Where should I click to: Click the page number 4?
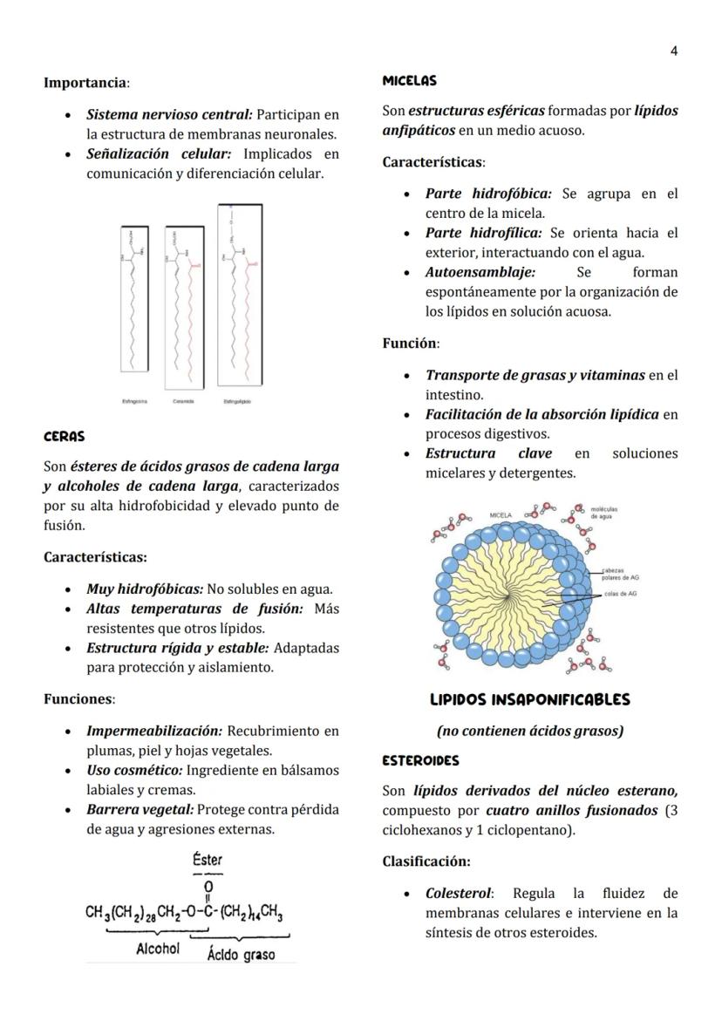[x=673, y=51]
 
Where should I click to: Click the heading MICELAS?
[x=409, y=81]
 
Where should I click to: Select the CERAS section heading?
[x=65, y=436]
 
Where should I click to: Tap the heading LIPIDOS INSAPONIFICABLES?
[x=529, y=700]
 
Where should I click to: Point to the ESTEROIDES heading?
[x=420, y=761]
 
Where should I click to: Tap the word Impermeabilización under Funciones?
[x=154, y=731]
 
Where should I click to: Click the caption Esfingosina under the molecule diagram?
[x=134, y=401]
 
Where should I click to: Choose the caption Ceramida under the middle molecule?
[x=183, y=401]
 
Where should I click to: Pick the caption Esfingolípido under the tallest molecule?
[x=237, y=401]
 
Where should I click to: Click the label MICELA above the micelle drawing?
[x=501, y=515]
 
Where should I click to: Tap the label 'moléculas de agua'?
[x=604, y=512]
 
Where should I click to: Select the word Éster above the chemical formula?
[x=208, y=861]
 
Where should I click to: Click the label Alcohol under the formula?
[x=157, y=949]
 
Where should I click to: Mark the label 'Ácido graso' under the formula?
[x=241, y=955]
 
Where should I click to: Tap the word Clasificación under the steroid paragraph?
[x=426, y=861]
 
